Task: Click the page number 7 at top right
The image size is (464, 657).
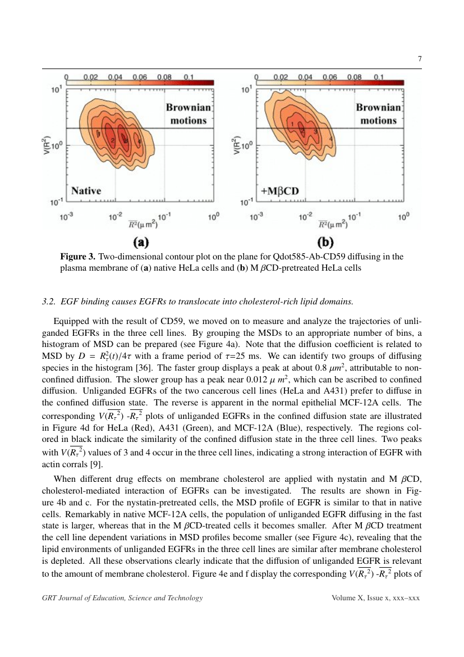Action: point(419,60)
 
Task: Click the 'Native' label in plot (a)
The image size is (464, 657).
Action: point(86,190)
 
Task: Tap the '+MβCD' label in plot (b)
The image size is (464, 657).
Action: point(280,191)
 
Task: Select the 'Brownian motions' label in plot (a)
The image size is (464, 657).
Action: point(188,113)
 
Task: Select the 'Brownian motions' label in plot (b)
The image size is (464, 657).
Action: point(378,113)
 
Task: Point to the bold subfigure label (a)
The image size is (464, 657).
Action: point(140,242)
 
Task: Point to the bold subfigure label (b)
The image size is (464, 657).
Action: point(325,242)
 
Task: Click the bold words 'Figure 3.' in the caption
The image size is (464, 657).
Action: point(78,257)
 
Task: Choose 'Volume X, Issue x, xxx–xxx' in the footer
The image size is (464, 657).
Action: point(375,597)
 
